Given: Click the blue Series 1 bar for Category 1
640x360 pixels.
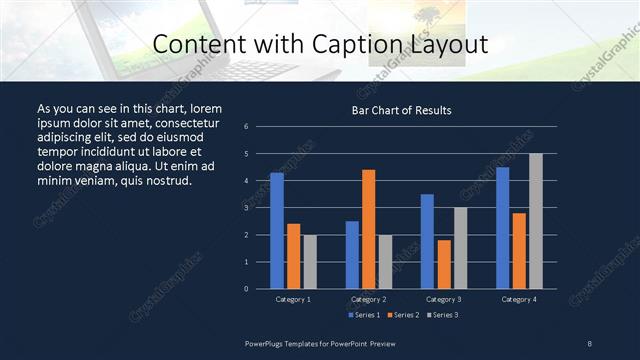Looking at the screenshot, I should [277, 231].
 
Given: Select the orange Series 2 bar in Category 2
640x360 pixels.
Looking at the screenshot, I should [368, 229].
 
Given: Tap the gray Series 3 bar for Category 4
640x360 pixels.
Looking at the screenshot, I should [536, 221].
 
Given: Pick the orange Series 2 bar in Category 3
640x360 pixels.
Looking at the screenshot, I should [444, 264].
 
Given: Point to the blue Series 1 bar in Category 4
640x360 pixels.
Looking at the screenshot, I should [502, 228].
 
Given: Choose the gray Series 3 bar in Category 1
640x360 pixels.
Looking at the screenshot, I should [310, 262].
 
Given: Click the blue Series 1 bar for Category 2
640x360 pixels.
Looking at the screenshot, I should [352, 255].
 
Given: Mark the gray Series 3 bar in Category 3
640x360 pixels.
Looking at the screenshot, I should [460, 248].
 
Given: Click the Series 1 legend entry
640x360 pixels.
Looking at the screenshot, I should [365, 315].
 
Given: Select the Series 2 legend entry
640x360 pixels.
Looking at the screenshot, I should [402, 315].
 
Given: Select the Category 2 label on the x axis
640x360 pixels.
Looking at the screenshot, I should [369, 299].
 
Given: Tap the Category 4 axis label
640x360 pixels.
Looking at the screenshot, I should [519, 299].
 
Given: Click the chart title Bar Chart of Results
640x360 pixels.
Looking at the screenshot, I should [402, 110].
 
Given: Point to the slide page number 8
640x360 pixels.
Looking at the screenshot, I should [590, 343].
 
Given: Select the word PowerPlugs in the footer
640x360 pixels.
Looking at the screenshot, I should [265, 343].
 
